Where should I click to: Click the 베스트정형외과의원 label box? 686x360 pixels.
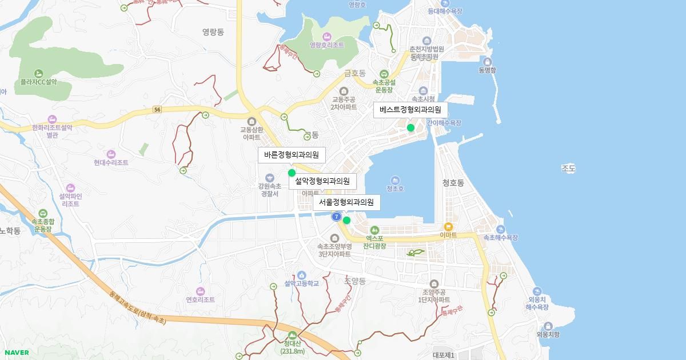pyautogui.click(x=410, y=110)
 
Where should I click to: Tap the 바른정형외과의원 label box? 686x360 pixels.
pyautogui.click(x=291, y=155)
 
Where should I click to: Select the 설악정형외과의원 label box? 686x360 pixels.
pyautogui.click(x=322, y=182)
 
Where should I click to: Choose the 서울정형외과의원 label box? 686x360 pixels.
pyautogui.click(x=346, y=202)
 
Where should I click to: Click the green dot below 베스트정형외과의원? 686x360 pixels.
pyautogui.click(x=410, y=127)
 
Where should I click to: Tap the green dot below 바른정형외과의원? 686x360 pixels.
pyautogui.click(x=292, y=173)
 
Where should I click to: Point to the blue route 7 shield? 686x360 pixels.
pyautogui.click(x=337, y=217)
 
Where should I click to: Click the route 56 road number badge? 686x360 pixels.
pyautogui.click(x=158, y=109)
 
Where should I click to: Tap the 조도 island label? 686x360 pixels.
pyautogui.click(x=568, y=169)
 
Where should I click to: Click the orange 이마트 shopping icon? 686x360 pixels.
pyautogui.click(x=448, y=226)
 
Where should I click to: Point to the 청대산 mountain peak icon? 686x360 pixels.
pyautogui.click(x=293, y=335)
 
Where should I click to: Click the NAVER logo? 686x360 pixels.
pyautogui.click(x=17, y=353)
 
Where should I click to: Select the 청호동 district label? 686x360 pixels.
pyautogui.click(x=453, y=183)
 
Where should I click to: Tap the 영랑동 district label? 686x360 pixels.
pyautogui.click(x=214, y=32)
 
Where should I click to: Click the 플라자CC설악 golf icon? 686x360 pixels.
pyautogui.click(x=38, y=73)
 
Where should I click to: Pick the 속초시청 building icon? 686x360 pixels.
pyautogui.click(x=424, y=90)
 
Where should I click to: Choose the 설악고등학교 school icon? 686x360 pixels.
pyautogui.click(x=301, y=275)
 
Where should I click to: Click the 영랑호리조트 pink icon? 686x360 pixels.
pyautogui.click(x=327, y=36)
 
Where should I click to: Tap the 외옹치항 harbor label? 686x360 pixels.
pyautogui.click(x=548, y=335)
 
